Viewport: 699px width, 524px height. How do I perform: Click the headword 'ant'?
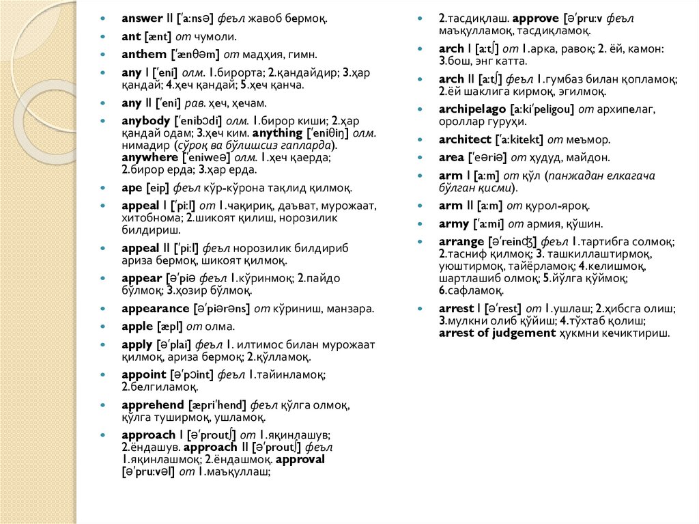tap(130, 36)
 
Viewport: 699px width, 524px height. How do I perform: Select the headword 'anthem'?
tap(143, 54)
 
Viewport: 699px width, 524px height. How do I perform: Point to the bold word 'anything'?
tap(277, 133)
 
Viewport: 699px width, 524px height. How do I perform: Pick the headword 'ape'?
tap(130, 187)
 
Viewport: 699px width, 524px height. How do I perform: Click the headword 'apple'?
tap(137, 327)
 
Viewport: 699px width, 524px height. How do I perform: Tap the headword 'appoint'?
tap(144, 374)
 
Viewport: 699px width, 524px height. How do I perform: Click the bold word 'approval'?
tap(300, 459)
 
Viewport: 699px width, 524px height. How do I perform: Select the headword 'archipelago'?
tap(471, 109)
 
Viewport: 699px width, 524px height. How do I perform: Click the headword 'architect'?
tap(465, 139)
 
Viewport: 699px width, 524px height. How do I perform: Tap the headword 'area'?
tap(451, 157)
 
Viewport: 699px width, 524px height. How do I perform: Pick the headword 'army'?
tap(454, 223)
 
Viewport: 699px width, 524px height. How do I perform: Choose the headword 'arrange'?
tap(461, 241)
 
